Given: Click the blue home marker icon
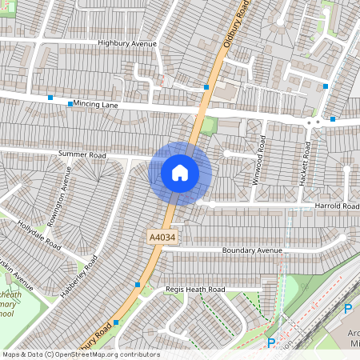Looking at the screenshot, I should (180, 173).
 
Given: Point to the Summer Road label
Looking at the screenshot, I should (82, 154).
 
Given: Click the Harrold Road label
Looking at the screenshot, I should (337, 206).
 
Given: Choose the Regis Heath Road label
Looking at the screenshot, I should (195, 289).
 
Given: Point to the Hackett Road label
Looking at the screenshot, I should (306, 163).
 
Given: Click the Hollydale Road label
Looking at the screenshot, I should (38, 234).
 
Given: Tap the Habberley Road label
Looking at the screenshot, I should (79, 278).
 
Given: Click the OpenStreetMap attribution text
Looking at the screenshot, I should (81, 354).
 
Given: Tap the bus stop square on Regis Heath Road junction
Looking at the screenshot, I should (138, 285).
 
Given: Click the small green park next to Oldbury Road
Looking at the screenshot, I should (209, 126).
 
